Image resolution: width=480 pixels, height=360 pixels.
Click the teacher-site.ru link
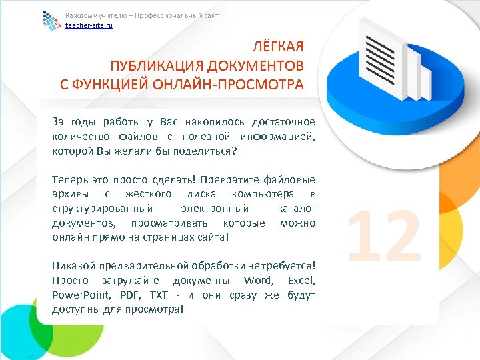point(89,25)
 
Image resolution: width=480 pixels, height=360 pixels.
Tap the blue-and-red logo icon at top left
point(51,21)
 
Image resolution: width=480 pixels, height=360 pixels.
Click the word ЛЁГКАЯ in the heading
point(278,47)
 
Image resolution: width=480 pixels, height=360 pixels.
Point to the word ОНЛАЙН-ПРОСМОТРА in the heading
point(240,85)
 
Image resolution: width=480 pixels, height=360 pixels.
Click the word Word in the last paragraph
point(258,279)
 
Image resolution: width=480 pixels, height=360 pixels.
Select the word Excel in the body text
point(301,279)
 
